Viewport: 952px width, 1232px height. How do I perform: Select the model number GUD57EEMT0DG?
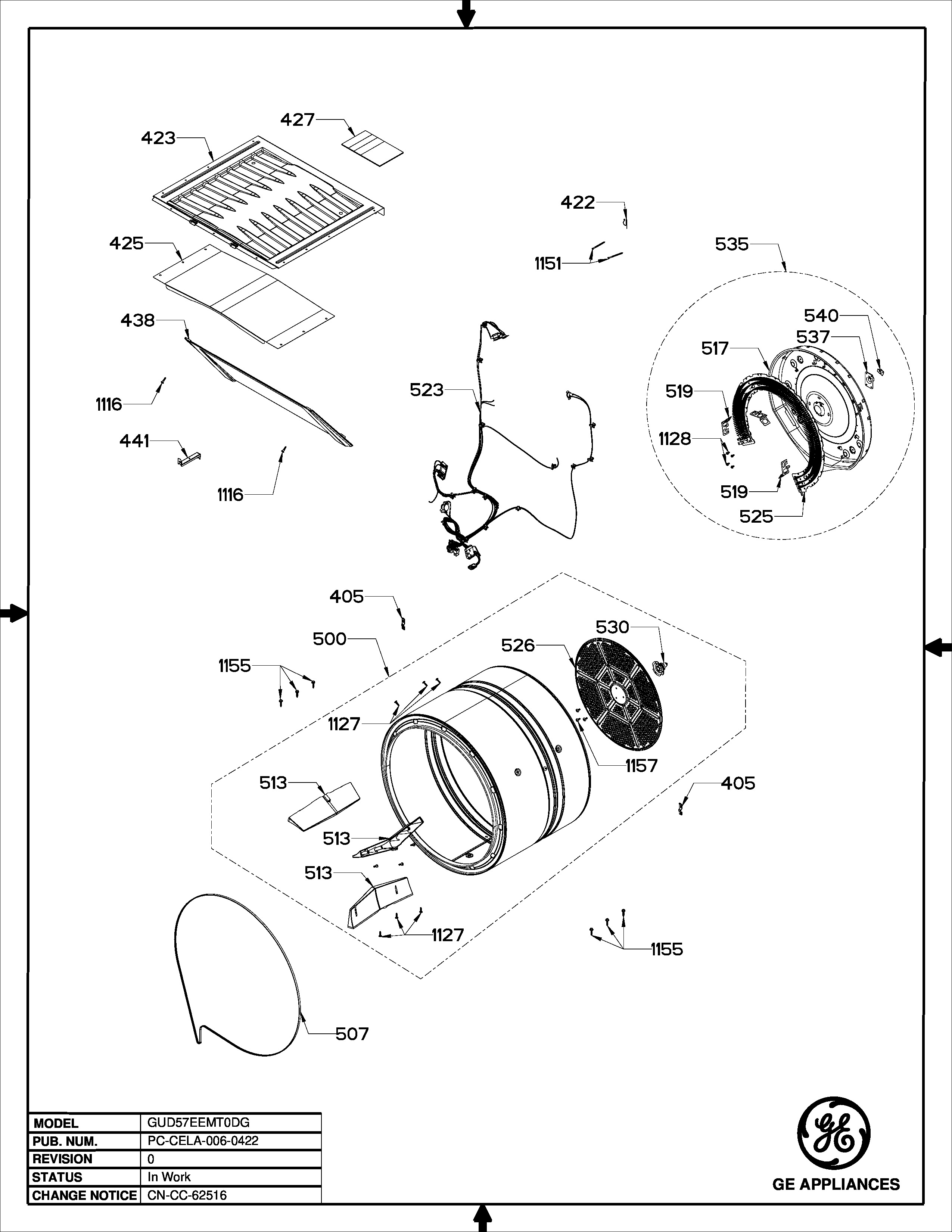click(x=194, y=1123)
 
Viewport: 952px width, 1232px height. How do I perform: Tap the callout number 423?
click(x=158, y=138)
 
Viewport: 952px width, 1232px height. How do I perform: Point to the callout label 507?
click(x=352, y=1034)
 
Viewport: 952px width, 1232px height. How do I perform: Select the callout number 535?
click(x=731, y=244)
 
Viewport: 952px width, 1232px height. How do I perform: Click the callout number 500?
click(x=329, y=639)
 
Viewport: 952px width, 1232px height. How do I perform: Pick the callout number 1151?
click(x=548, y=264)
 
